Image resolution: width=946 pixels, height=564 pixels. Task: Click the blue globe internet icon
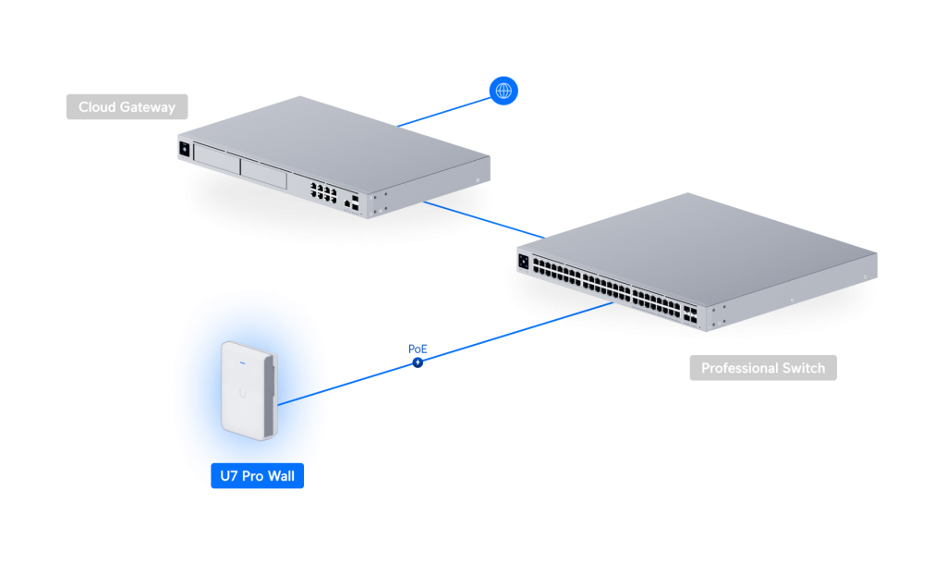pos(503,91)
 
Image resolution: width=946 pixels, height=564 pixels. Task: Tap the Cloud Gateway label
pos(127,107)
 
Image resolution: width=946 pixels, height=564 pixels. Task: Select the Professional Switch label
pos(763,368)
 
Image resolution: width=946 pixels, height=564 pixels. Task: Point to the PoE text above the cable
pos(418,349)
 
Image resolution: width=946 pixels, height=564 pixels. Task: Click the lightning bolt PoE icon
pos(418,362)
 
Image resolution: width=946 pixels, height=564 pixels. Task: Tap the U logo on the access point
pos(242,393)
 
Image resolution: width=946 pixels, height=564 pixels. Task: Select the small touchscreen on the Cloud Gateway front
pos(185,149)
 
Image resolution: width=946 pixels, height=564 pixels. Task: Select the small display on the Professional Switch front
pos(524,263)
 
